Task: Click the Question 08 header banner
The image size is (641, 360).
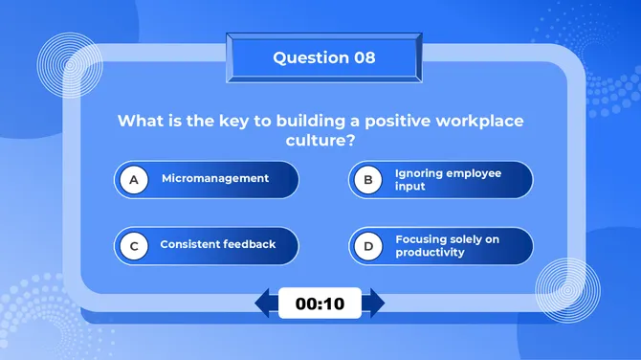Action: [x=323, y=57]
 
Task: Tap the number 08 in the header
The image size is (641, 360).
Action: [x=365, y=57]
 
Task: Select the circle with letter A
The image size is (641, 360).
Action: [x=134, y=179]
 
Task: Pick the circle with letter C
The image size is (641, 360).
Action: [x=134, y=245]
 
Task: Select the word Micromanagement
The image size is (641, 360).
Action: [x=215, y=179]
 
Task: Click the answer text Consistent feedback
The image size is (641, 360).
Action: [x=217, y=245]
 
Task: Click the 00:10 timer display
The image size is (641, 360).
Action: [x=320, y=304]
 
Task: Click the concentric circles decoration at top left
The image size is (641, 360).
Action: [x=69, y=64]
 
